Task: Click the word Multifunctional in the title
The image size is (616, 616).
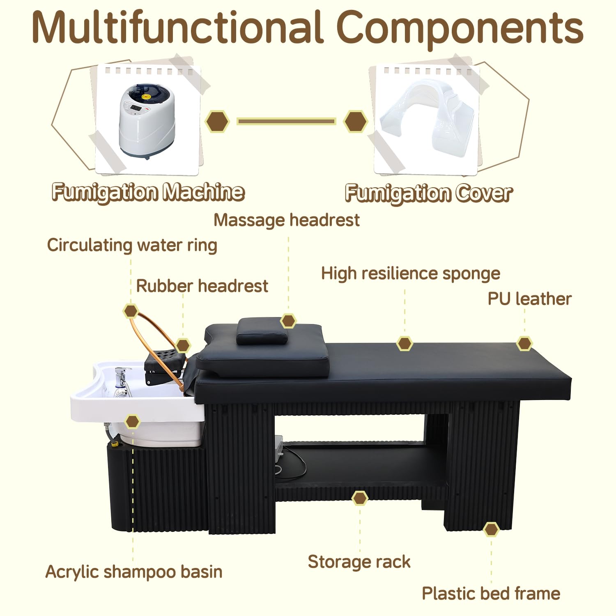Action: point(177,28)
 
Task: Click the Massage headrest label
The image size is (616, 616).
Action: point(287,220)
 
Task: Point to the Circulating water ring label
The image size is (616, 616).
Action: point(132,245)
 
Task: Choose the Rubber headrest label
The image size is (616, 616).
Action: point(202,286)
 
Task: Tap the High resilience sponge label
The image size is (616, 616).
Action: point(411,274)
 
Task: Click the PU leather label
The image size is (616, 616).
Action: point(529,299)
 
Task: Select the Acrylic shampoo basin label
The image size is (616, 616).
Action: point(134,572)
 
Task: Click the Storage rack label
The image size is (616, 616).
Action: point(359,562)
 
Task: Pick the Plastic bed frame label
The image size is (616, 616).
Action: point(491,593)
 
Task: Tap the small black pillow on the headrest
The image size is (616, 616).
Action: point(263,331)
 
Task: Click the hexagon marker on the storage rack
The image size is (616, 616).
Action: point(360,498)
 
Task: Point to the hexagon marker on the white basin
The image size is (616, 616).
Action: point(132,421)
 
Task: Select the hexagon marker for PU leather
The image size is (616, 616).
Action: point(524,343)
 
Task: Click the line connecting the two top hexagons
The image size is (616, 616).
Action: point(286,121)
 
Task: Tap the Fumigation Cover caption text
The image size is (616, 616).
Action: point(429,193)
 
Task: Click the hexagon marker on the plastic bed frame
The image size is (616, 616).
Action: point(491,530)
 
